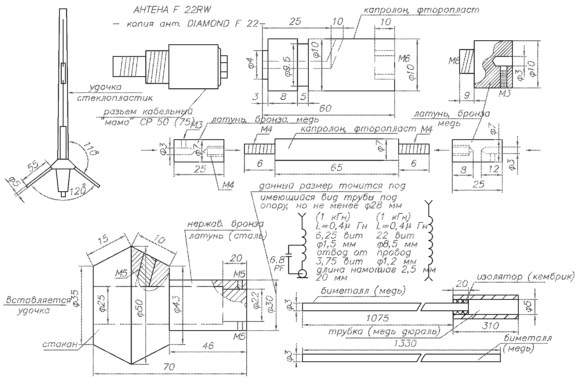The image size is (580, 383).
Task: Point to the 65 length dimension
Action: coord(337,167)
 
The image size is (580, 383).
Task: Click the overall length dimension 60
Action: coord(326,108)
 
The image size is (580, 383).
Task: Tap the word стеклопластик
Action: coord(113,98)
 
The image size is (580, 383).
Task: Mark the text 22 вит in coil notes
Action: coord(397,235)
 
